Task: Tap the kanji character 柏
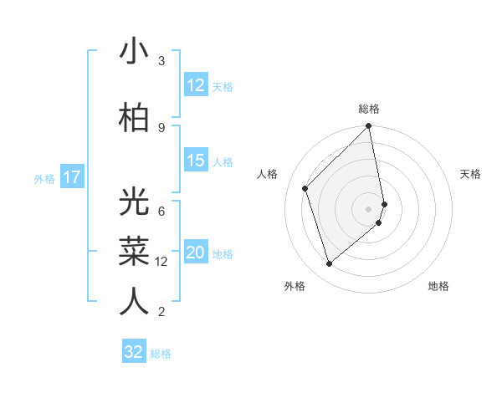[x=134, y=116]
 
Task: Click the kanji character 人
[x=134, y=300]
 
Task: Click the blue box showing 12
[x=196, y=85]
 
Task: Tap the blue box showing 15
[x=196, y=161]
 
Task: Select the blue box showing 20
[x=196, y=253]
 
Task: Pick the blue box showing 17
[x=71, y=177]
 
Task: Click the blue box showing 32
[x=134, y=352]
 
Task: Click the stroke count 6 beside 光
[x=161, y=211]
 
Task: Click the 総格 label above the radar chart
[x=369, y=109]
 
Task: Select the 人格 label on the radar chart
[x=268, y=174]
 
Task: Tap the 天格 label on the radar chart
[x=471, y=174]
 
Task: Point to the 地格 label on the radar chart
[x=438, y=287]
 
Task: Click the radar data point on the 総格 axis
[x=369, y=127]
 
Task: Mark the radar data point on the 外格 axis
[x=329, y=264]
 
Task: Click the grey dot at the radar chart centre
[x=369, y=208]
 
